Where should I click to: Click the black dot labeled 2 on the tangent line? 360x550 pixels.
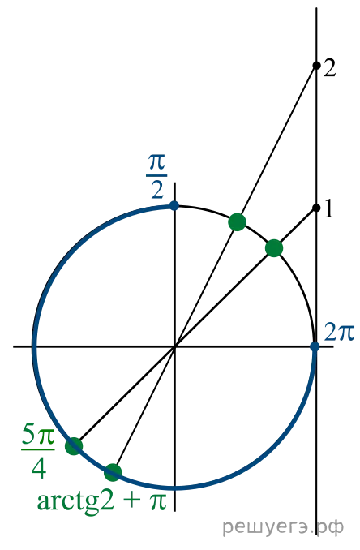(x=316, y=65)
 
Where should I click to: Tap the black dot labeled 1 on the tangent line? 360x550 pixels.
(x=316, y=208)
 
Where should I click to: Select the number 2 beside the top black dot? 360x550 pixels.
(x=329, y=68)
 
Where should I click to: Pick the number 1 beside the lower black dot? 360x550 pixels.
(x=328, y=209)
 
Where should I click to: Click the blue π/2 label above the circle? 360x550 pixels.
(x=156, y=176)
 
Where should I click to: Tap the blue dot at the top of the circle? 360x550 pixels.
(x=174, y=205)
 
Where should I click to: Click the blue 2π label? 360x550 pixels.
(x=339, y=332)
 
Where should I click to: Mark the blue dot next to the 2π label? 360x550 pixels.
(x=315, y=346)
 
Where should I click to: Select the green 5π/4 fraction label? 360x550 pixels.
(x=38, y=452)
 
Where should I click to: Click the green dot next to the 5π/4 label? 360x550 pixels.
(x=74, y=446)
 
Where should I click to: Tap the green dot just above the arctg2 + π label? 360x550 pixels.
(x=113, y=472)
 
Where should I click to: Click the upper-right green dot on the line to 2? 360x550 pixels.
(x=238, y=222)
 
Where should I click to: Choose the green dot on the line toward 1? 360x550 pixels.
(x=274, y=248)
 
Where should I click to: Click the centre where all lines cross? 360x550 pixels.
(x=174, y=346)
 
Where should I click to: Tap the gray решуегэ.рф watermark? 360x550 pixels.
(x=283, y=526)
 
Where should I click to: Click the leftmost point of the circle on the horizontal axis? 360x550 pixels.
(x=34, y=346)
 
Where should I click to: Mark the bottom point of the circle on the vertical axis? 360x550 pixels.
(x=174, y=488)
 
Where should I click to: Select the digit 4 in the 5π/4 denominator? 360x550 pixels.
(x=39, y=469)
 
